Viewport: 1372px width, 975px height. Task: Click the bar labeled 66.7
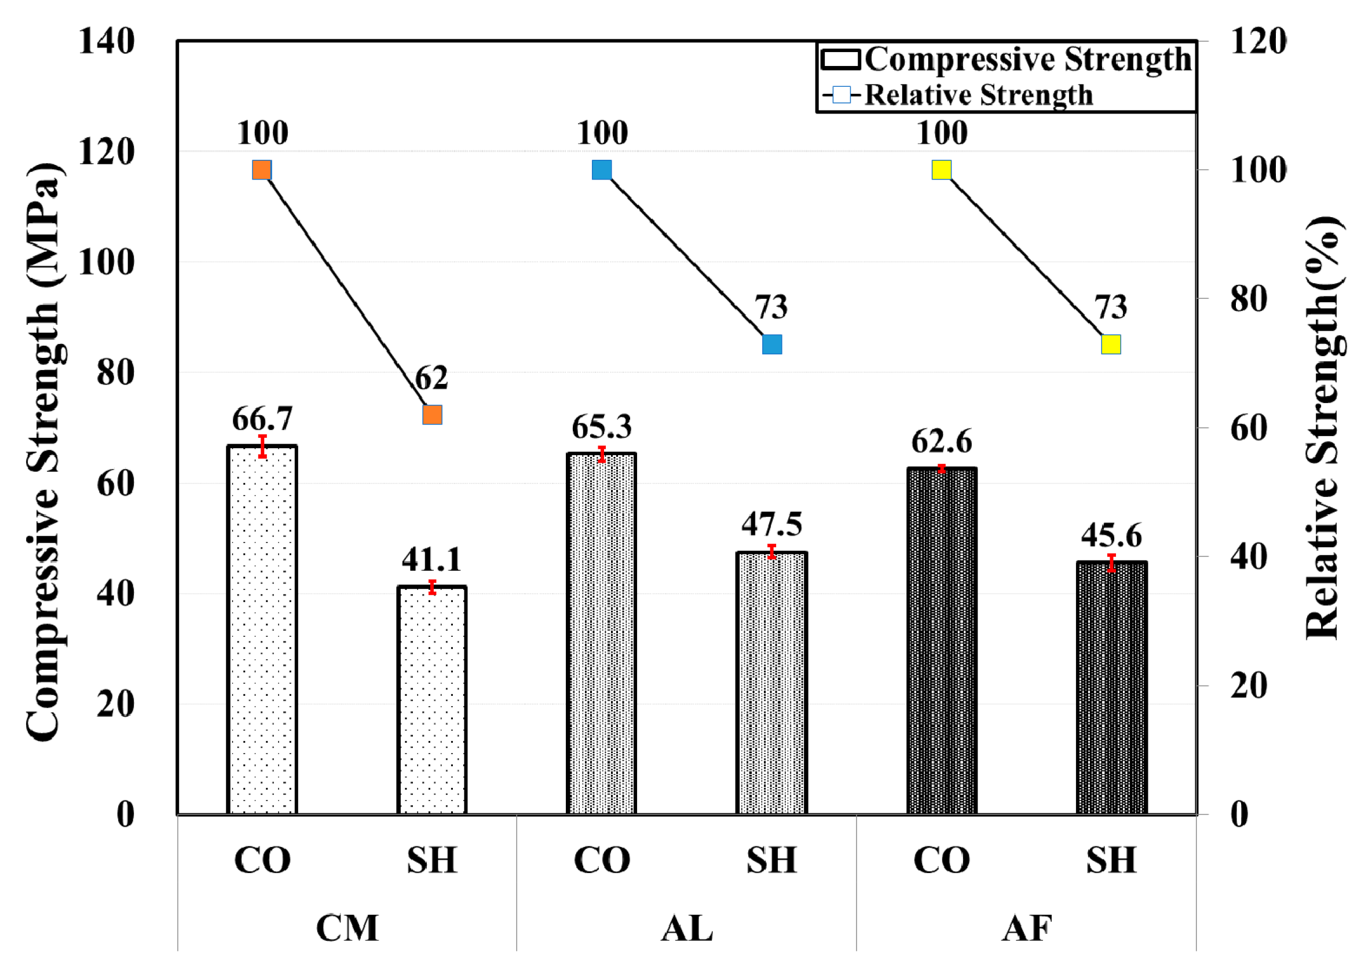point(262,631)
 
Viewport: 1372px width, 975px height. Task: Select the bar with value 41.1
point(431,700)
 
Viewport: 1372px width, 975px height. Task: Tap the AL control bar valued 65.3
point(601,633)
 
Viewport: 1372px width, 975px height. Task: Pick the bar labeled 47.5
point(771,683)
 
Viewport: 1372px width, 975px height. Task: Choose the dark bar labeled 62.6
point(942,640)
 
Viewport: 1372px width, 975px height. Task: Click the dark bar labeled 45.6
point(1111,688)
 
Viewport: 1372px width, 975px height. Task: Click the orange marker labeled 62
point(432,414)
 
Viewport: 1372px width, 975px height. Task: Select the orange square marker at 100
point(262,170)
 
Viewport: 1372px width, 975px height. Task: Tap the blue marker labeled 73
point(772,344)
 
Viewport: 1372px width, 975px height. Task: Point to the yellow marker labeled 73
point(1111,344)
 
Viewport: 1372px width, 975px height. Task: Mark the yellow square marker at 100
point(942,170)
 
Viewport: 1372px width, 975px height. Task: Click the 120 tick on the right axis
point(1258,42)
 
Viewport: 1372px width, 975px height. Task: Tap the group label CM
point(347,928)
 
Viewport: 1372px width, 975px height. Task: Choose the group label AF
point(1027,928)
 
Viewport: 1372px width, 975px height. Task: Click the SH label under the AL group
point(771,860)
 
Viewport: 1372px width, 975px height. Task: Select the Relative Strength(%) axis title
point(1323,427)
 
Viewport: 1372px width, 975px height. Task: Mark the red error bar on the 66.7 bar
point(262,446)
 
